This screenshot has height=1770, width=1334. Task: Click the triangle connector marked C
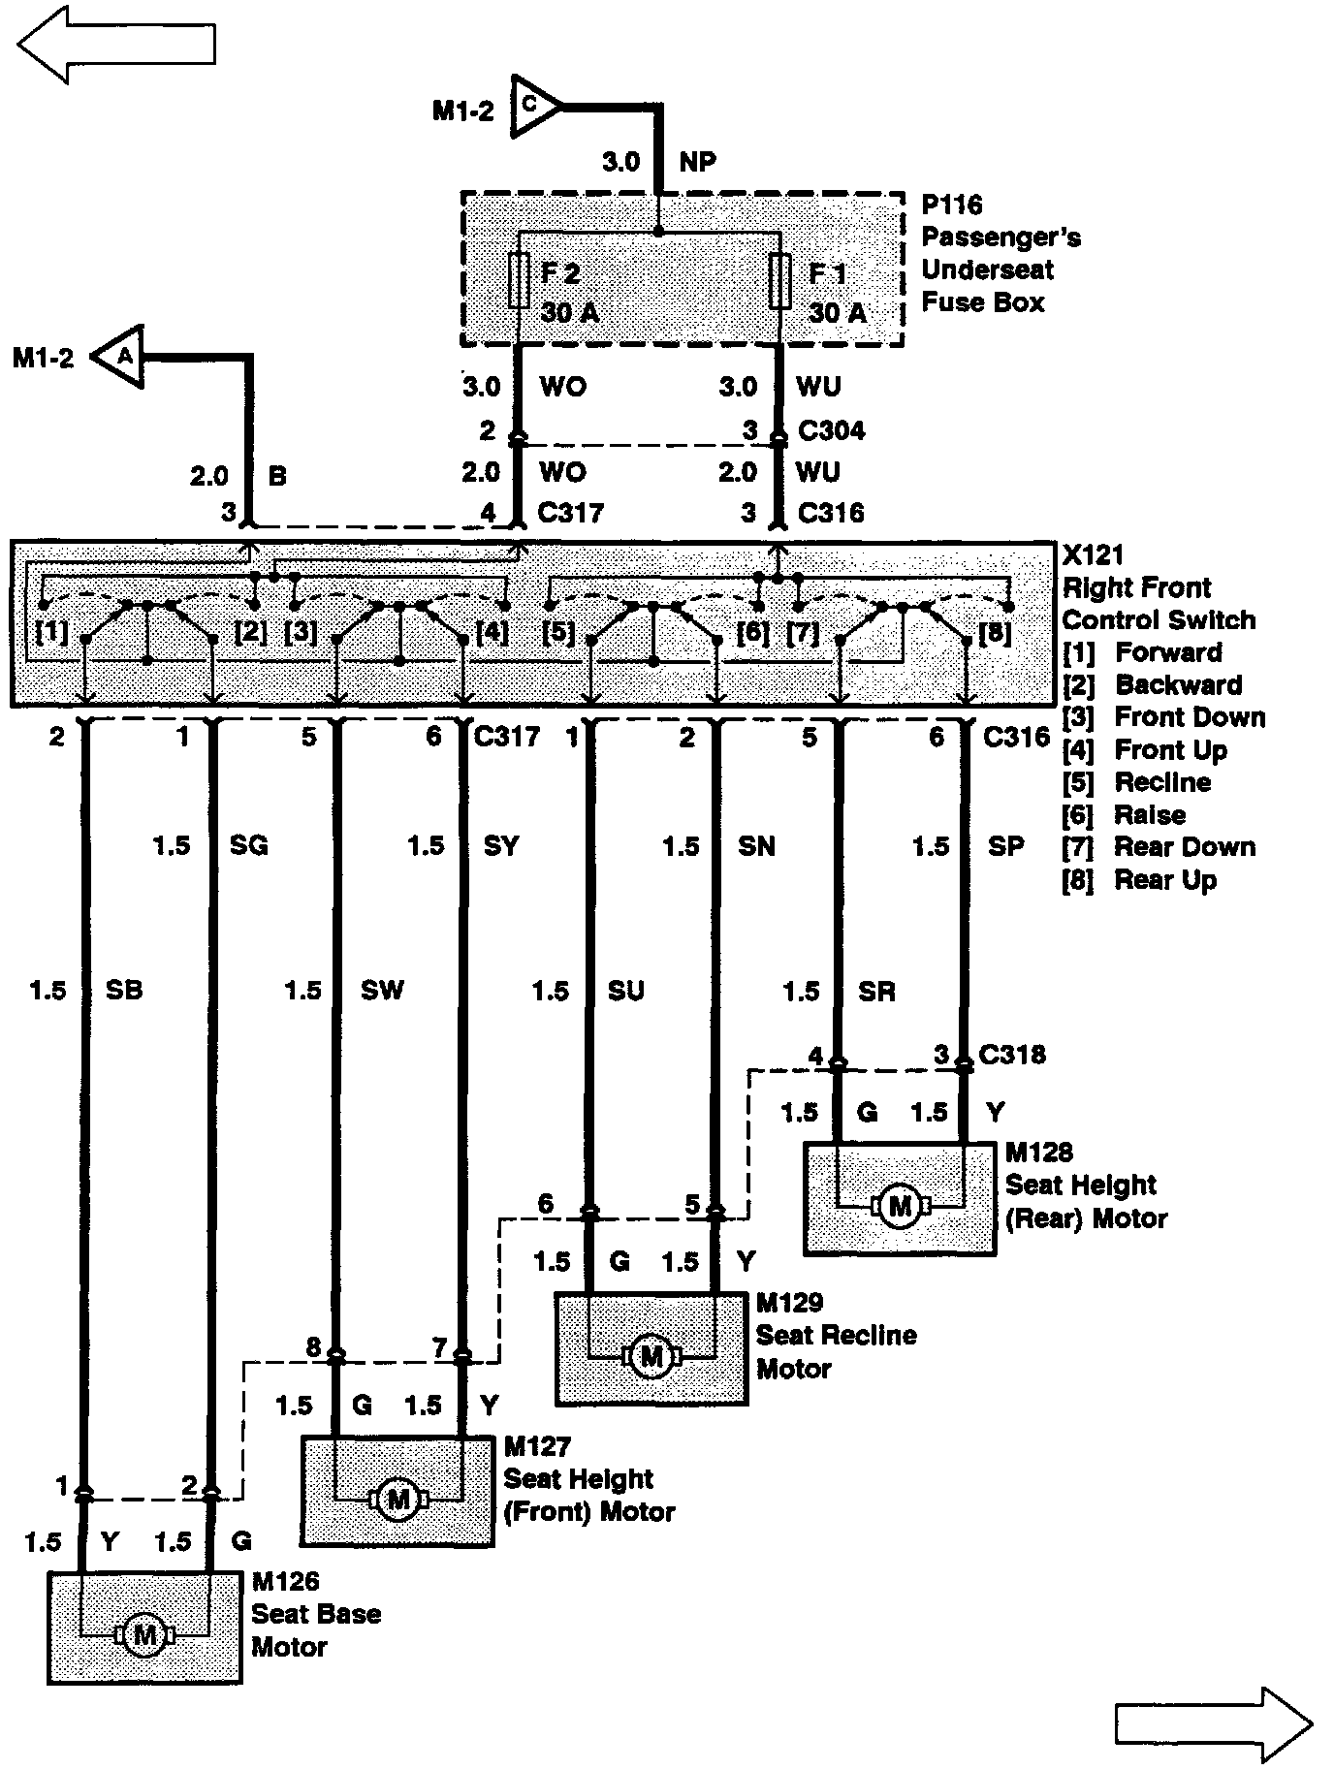pyautogui.click(x=534, y=104)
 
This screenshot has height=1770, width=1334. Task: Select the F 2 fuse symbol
pyautogui.click(x=519, y=281)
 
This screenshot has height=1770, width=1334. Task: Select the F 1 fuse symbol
pyautogui.click(x=779, y=281)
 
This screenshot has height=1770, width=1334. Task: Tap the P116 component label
pyautogui.click(x=951, y=205)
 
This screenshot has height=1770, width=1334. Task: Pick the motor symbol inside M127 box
pyautogui.click(x=397, y=1500)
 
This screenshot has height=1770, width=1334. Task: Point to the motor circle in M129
pyautogui.click(x=651, y=1356)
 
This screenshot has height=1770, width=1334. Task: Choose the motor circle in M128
pyautogui.click(x=901, y=1206)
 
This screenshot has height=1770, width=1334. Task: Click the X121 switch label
pyautogui.click(x=1093, y=555)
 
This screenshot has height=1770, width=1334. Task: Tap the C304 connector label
pyautogui.click(x=831, y=430)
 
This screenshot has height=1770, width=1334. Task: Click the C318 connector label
pyautogui.click(x=1012, y=1055)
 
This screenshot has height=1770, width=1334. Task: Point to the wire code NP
pyautogui.click(x=697, y=162)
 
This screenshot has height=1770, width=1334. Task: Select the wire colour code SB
pyautogui.click(x=124, y=990)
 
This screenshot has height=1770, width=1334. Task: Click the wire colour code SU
pyautogui.click(x=625, y=991)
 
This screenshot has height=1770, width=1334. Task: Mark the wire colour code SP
pyautogui.click(x=1005, y=846)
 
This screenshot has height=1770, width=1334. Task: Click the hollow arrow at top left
pyautogui.click(x=115, y=45)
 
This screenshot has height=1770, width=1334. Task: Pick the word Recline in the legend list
pyautogui.click(x=1162, y=782)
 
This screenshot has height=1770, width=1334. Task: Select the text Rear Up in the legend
pyautogui.click(x=1164, y=880)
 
